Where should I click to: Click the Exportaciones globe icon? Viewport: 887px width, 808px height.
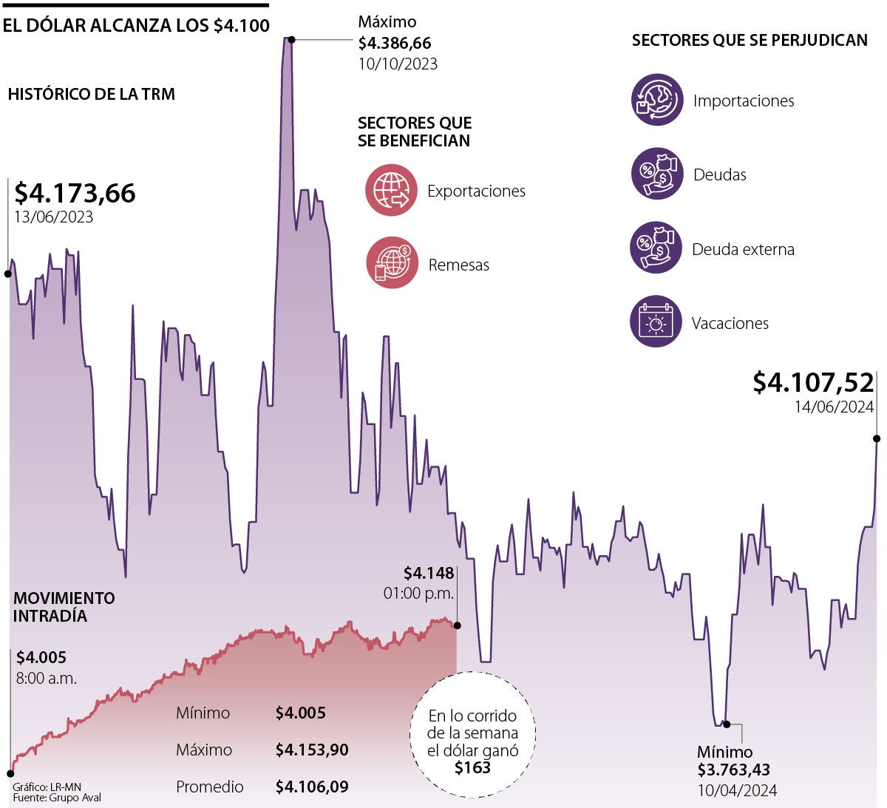[x=391, y=190]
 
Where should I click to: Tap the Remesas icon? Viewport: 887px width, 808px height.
[x=392, y=262]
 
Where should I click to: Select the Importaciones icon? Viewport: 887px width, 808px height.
[x=657, y=100]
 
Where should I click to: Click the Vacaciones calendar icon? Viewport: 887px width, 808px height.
[x=656, y=322]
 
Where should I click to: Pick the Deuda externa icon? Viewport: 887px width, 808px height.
[x=656, y=248]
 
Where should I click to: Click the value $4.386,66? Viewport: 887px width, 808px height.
[x=394, y=44]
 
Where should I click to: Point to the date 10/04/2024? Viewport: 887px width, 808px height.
[x=737, y=790]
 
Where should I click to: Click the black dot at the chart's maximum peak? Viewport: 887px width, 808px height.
[x=292, y=39]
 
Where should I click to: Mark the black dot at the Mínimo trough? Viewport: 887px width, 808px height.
[x=726, y=724]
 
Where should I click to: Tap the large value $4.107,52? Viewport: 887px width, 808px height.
[x=813, y=382]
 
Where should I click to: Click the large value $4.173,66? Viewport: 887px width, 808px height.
[x=75, y=193]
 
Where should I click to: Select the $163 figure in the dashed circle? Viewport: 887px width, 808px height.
[x=472, y=767]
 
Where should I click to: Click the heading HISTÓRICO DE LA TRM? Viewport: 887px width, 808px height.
[x=91, y=95]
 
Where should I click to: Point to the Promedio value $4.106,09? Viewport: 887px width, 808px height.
[x=311, y=787]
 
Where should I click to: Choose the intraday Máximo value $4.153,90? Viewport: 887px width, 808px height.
[x=311, y=750]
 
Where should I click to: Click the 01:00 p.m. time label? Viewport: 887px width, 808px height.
[x=418, y=593]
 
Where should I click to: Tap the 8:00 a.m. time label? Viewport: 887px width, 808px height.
[x=46, y=678]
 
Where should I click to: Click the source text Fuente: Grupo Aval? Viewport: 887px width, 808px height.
[x=57, y=798]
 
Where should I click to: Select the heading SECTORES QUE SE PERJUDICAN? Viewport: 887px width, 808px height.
[x=749, y=41]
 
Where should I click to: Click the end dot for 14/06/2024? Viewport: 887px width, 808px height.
[x=877, y=438]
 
